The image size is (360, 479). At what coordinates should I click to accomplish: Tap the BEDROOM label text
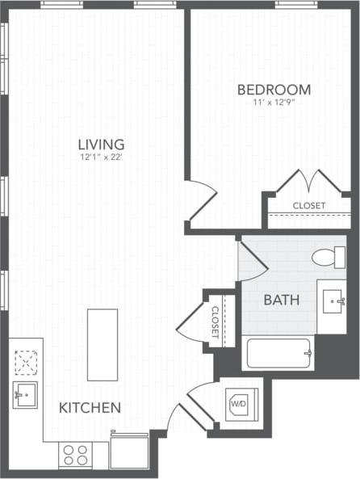(274, 89)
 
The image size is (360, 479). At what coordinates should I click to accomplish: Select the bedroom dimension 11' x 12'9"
(274, 102)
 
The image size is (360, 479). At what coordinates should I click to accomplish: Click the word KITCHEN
(90, 408)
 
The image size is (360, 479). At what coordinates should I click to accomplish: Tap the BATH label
(282, 300)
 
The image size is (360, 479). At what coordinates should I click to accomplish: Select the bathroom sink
(332, 303)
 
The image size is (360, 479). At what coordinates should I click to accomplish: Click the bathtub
(278, 353)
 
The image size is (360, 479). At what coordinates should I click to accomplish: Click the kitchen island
(103, 344)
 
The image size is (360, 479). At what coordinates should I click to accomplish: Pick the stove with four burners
(75, 455)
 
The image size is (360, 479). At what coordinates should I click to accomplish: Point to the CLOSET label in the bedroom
(309, 205)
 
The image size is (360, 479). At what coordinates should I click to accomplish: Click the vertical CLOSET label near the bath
(216, 321)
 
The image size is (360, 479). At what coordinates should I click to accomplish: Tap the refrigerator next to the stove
(129, 451)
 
